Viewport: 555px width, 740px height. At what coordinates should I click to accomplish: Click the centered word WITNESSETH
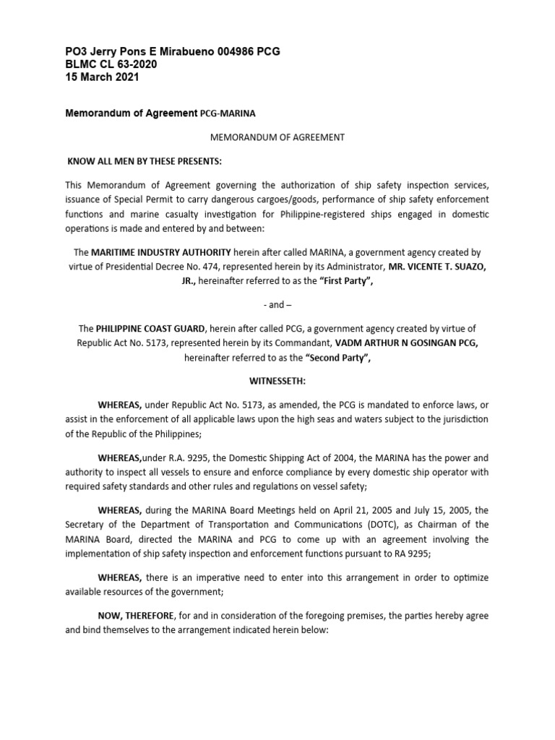pyautogui.click(x=277, y=379)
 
